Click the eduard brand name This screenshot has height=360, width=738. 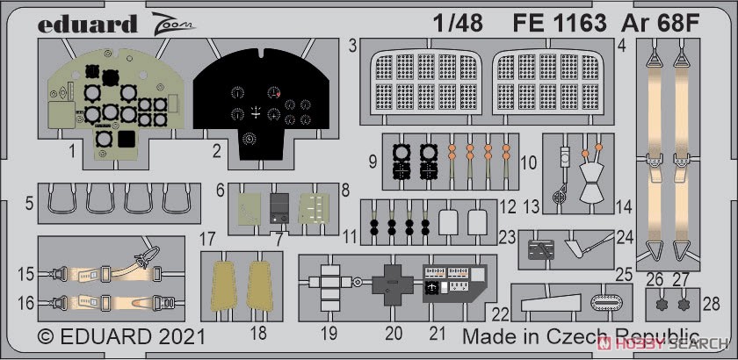click(x=88, y=24)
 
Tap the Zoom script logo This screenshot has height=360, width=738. click(x=172, y=25)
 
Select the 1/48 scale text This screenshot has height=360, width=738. click(x=458, y=24)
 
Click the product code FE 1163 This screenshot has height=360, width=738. click(x=560, y=24)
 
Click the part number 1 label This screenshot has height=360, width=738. click(x=72, y=152)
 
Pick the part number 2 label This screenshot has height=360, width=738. click(x=216, y=152)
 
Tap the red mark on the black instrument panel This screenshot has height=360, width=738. click(x=279, y=95)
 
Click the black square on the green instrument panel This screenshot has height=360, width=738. click(x=127, y=139)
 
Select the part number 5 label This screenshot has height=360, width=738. click(x=30, y=204)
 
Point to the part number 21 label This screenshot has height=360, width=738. click(x=438, y=334)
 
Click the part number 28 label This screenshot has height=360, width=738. click(x=711, y=304)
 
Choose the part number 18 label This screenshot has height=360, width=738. click(x=258, y=333)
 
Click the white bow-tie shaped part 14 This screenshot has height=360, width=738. click(x=591, y=183)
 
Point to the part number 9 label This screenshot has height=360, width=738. click(x=373, y=162)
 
